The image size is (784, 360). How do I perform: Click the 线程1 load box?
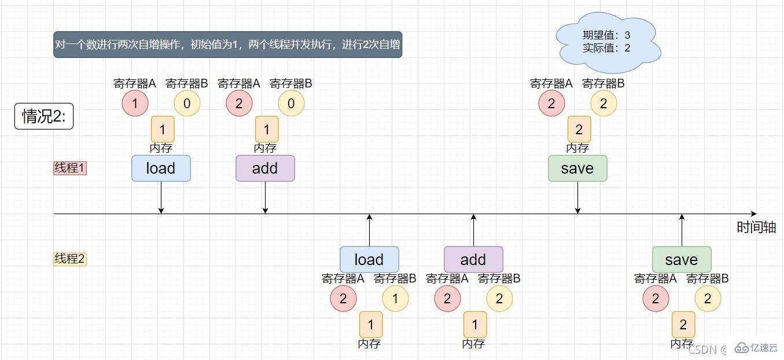pyautogui.click(x=161, y=168)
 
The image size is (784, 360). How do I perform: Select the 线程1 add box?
pyautogui.click(x=265, y=168)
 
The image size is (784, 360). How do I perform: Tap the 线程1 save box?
pyautogui.click(x=577, y=168)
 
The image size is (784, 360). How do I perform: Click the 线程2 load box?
pyautogui.click(x=369, y=259)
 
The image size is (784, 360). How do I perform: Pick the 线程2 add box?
pyautogui.click(x=473, y=259)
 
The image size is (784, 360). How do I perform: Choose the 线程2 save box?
pyautogui.click(x=682, y=259)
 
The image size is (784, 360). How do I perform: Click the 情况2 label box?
pyautogui.click(x=44, y=116)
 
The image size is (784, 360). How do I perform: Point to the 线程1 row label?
pyautogui.click(x=70, y=168)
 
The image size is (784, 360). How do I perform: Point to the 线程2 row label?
pyautogui.click(x=70, y=259)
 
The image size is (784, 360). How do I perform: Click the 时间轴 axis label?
pyautogui.click(x=756, y=227)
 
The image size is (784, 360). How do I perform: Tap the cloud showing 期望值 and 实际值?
pyautogui.click(x=607, y=42)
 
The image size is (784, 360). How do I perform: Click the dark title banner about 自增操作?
pyautogui.click(x=227, y=45)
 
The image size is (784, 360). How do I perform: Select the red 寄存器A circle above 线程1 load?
pyautogui.click(x=135, y=104)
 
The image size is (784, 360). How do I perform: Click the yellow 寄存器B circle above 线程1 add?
pyautogui.click(x=291, y=104)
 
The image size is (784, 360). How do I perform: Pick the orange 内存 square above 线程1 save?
pyautogui.click(x=579, y=129)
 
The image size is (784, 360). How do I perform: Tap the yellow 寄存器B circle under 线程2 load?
pyautogui.click(x=395, y=299)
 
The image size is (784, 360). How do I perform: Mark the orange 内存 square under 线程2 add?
pyautogui.click(x=475, y=324)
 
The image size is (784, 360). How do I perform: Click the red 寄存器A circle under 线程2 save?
pyautogui.click(x=656, y=299)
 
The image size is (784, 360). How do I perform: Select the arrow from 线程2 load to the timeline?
pyautogui.click(x=369, y=230)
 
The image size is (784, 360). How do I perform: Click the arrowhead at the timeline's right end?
pyautogui.click(x=753, y=214)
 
